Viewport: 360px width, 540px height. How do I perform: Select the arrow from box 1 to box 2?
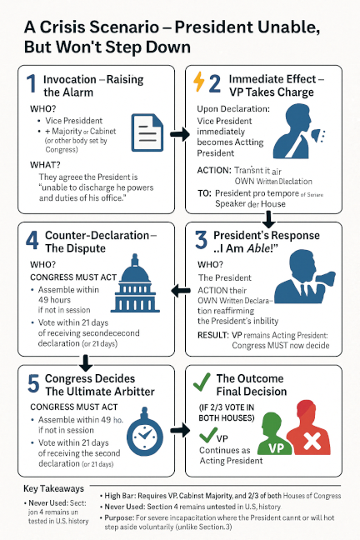(x=179, y=133)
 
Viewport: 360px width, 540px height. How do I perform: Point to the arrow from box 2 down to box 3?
(x=268, y=219)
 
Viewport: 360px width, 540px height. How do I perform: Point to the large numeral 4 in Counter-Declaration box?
(x=32, y=241)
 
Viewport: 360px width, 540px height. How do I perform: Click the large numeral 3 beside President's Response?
(x=201, y=242)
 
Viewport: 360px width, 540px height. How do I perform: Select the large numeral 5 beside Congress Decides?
(x=32, y=384)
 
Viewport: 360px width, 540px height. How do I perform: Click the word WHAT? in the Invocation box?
(x=45, y=166)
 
